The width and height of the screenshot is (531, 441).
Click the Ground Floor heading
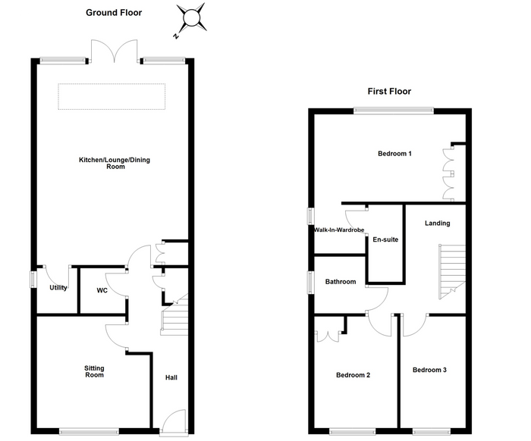click(114, 13)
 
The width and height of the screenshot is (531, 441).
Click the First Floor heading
click(389, 92)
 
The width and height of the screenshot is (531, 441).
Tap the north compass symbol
click(190, 20)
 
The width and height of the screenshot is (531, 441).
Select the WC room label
click(102, 290)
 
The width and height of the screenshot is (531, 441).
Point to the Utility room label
click(58, 287)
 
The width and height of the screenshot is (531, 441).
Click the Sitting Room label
click(94, 371)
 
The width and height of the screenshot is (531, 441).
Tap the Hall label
click(171, 377)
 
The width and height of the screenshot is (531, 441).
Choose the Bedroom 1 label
click(394, 154)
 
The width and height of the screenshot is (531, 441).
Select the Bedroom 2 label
click(353, 375)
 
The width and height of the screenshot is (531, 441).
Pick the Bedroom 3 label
click(429, 370)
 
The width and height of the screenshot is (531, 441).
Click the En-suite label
click(385, 239)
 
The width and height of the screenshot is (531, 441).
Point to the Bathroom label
click(341, 281)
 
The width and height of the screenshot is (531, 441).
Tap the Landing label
click(437, 223)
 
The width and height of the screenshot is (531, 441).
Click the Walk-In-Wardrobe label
click(339, 230)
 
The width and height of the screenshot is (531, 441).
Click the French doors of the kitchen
click(115, 51)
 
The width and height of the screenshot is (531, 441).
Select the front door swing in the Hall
click(174, 421)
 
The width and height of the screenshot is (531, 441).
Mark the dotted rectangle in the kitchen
click(112, 96)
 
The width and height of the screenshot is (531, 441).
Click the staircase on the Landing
click(452, 271)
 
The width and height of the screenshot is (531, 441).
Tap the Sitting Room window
click(89, 431)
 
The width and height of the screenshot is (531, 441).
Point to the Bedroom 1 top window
click(394, 111)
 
